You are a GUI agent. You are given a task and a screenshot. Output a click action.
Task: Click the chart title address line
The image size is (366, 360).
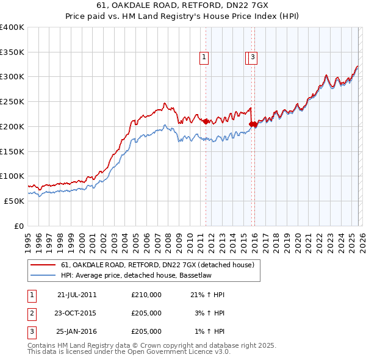tap(183, 5)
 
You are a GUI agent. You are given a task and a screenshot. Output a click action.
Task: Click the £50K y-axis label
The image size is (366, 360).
tap(14, 201)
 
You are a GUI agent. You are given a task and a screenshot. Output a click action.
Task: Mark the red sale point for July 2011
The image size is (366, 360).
tap(206, 121)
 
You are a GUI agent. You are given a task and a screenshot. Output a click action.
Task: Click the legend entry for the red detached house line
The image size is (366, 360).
tap(161, 265)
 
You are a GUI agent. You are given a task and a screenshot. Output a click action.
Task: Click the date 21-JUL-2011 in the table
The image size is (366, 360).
tap(77, 295)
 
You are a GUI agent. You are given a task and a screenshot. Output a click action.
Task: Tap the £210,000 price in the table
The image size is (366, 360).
tap(146, 295)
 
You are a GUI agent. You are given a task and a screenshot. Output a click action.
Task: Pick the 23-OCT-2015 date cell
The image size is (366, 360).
tap(76, 313)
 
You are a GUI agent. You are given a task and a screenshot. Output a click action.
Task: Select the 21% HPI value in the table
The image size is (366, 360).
tap(207, 295)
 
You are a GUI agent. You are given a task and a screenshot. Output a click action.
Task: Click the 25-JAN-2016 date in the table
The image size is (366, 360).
tap(76, 331)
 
